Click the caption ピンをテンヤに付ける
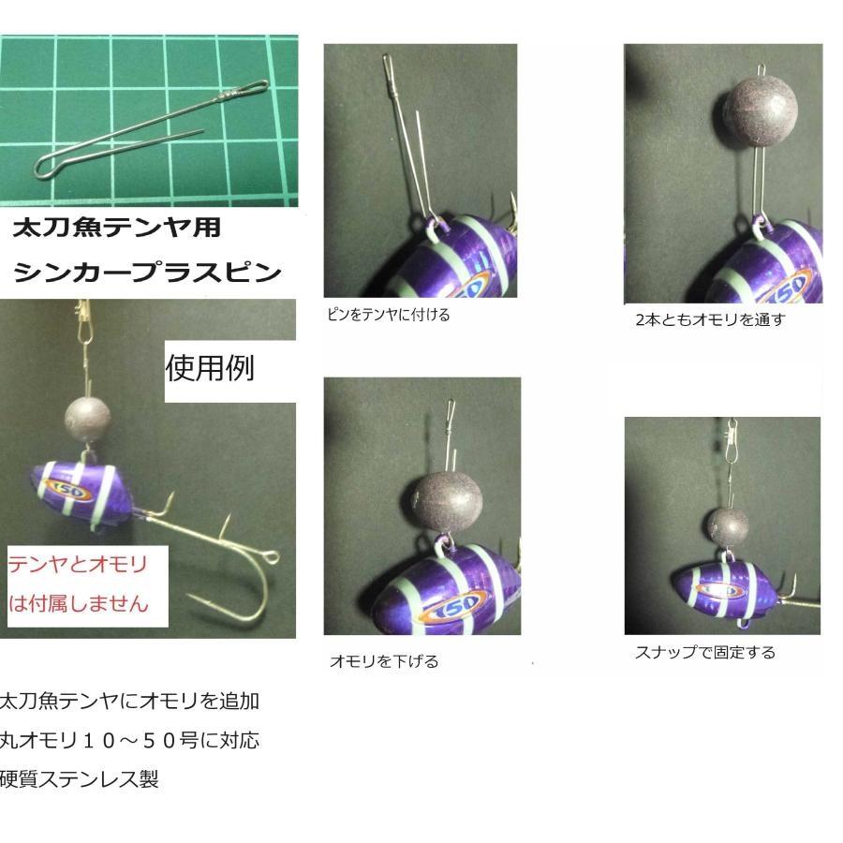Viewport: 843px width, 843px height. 389,315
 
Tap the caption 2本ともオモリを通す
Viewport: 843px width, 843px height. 710,319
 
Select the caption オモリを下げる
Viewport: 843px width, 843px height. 384,661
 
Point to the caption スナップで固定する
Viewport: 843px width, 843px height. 705,652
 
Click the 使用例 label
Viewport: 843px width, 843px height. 210,368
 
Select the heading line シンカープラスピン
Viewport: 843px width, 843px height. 147,273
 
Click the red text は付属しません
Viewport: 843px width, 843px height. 79,603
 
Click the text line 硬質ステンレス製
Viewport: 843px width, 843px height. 80,779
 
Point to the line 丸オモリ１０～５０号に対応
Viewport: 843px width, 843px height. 129,740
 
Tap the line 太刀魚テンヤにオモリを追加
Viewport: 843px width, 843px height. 129,701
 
